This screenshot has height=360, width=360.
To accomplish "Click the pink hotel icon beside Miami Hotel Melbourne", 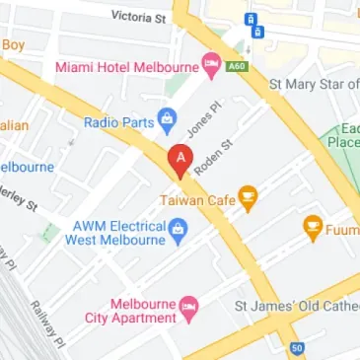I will pyautogui.click(x=211, y=66).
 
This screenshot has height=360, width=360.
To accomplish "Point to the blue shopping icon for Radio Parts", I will pyautogui.click(x=168, y=121).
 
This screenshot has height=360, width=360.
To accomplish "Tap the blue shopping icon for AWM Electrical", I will pyautogui.click(x=179, y=233).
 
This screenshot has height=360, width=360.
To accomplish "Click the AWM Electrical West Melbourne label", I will pyautogui.click(x=117, y=232).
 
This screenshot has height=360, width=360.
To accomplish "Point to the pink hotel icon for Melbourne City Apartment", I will pyautogui.click(x=188, y=309).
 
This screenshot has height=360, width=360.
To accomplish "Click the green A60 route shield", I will pyautogui.click(x=236, y=66).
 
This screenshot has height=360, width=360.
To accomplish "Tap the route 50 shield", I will pyautogui.click(x=298, y=348).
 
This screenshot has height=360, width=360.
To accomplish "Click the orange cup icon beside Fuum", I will pyautogui.click(x=314, y=230).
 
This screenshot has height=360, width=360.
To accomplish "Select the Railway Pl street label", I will pyautogui.click(x=41, y=321).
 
